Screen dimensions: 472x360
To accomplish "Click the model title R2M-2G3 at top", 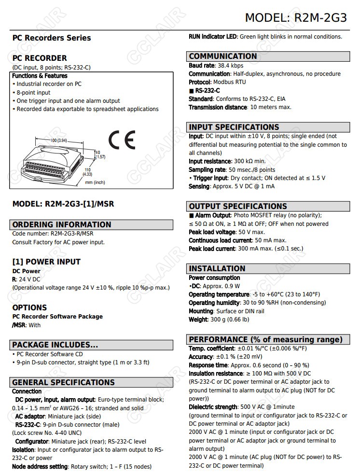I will (296, 18).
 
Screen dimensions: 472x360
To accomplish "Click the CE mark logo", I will (122, 140).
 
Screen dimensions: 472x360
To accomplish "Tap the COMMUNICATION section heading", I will (223, 56).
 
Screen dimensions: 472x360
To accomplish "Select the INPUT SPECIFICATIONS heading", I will (234, 127).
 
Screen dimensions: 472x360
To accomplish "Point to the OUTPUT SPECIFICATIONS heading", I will (237, 206).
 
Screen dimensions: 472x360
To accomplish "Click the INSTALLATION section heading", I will (217, 269).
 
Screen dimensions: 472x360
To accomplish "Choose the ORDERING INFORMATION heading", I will (61, 224).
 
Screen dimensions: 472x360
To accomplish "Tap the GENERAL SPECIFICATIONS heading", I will (63, 382).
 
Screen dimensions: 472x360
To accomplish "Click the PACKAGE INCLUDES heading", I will (55, 345).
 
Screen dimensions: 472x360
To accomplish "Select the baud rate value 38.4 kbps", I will (230, 66).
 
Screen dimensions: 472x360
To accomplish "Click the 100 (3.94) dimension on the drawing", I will (59, 140).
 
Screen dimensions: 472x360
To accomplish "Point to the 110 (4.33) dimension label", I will (87, 172).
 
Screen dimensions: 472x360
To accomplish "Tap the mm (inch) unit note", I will (95, 182).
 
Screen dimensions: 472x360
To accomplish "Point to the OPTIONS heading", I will (29, 307).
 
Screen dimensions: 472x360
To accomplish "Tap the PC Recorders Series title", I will (51, 38).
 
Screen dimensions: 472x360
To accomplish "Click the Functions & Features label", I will (40, 76).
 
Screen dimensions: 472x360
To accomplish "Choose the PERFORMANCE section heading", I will (265, 339).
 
